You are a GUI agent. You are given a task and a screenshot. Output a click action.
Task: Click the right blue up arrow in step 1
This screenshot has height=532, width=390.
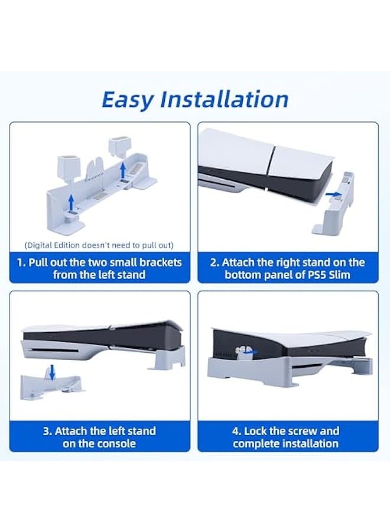(x=123, y=170)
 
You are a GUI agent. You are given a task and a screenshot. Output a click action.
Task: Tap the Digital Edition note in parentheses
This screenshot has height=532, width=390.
(x=99, y=245)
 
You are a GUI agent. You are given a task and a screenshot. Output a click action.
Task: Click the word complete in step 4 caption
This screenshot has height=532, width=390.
(x=256, y=443)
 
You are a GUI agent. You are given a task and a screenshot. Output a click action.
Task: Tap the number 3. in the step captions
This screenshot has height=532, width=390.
(x=48, y=431)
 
